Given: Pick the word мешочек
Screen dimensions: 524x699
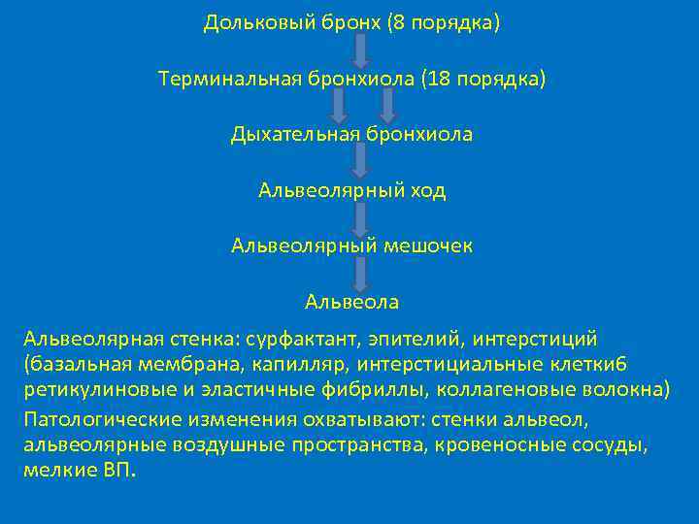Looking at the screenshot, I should pyautogui.click(x=426, y=246).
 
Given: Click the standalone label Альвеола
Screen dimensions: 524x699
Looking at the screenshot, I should pyautogui.click(x=351, y=302).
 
